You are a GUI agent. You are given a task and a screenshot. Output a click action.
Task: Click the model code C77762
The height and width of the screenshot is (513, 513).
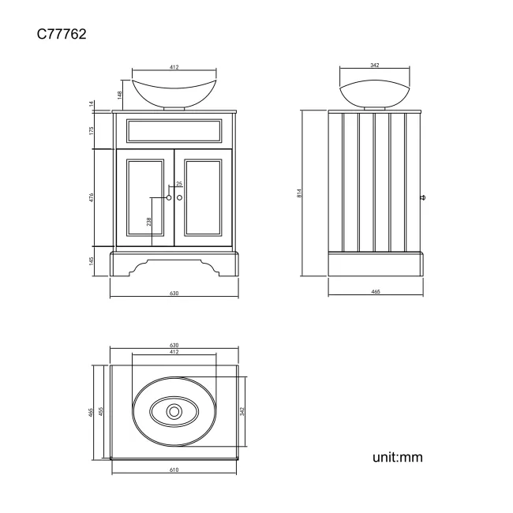(x=62, y=34)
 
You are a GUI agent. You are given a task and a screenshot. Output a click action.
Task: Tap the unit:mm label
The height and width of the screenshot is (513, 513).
(x=398, y=457)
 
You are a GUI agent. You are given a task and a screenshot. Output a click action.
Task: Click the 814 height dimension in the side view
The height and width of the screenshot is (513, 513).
(x=299, y=193)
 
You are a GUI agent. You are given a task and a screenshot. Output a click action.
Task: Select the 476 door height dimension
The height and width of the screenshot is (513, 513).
(x=92, y=197)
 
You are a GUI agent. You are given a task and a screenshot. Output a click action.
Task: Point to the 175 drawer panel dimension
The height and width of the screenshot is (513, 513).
(x=92, y=130)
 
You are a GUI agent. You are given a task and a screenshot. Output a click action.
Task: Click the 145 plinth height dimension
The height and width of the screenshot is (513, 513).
(x=92, y=261)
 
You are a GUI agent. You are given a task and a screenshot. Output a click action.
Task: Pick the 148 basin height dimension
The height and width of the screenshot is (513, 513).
(x=120, y=95)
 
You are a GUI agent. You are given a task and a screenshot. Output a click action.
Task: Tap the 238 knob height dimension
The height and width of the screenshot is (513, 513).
(x=149, y=222)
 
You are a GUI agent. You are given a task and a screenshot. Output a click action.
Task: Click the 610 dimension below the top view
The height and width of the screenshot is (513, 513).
(x=174, y=470)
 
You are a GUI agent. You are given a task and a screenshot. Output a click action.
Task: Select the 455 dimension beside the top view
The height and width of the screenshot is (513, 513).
(x=101, y=411)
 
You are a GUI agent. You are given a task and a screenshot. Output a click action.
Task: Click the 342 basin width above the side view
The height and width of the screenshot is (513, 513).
(x=375, y=65)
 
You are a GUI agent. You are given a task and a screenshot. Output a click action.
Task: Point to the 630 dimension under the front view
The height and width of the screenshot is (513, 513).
(x=174, y=293)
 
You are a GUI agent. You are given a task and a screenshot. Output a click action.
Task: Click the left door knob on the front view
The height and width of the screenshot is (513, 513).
(x=169, y=197)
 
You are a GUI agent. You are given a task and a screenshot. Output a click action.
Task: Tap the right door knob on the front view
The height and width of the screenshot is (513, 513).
(x=179, y=197)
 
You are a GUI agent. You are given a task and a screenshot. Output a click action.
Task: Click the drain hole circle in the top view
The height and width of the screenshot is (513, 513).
(x=174, y=411)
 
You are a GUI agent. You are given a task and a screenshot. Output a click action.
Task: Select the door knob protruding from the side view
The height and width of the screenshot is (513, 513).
(x=422, y=197)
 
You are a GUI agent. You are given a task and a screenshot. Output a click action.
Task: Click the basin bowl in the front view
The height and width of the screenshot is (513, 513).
(x=174, y=93)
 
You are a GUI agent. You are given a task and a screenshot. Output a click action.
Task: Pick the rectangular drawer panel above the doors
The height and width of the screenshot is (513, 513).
(x=174, y=131)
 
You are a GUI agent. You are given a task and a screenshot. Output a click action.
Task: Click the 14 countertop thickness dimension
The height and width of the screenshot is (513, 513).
(x=92, y=103)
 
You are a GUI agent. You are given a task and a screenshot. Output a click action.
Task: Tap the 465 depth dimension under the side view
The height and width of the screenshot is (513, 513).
(x=376, y=291)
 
